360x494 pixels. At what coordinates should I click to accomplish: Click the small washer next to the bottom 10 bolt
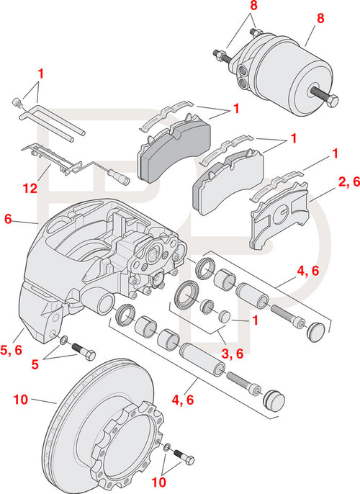[x=167, y=449]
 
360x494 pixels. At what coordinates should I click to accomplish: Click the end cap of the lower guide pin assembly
[x=273, y=400]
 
